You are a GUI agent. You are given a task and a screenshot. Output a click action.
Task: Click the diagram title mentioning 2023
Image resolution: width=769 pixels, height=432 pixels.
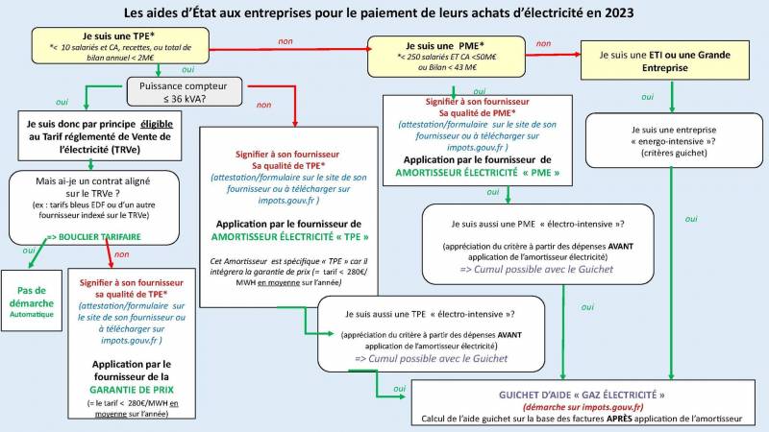(384, 14)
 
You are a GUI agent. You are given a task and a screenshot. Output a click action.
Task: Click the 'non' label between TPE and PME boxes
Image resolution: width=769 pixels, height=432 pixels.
(285, 42)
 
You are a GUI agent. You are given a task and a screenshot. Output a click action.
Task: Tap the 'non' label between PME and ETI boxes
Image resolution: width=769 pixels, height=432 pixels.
(543, 43)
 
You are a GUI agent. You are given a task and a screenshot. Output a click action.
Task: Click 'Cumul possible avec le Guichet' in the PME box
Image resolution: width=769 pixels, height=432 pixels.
(536, 269)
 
